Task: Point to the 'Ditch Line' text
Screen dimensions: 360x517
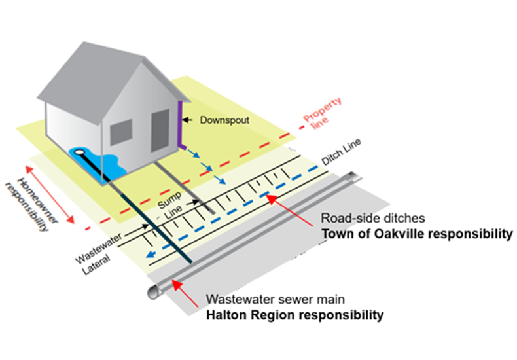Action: point(341,152)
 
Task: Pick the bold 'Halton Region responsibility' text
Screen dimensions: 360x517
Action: point(294,315)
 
